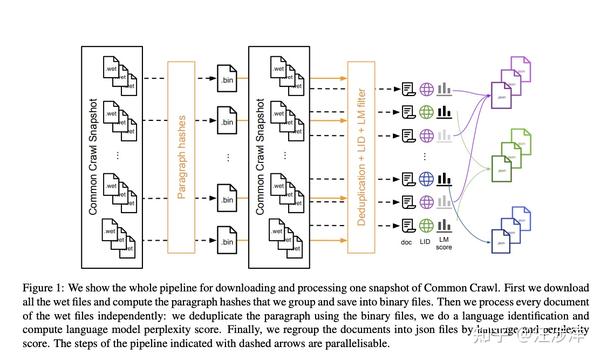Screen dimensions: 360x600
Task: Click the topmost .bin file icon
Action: pos(227,75)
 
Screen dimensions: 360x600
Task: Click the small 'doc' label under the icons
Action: pos(408,244)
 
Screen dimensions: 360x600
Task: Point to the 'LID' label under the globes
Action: pos(427,244)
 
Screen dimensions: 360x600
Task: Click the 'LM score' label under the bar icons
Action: pos(446,249)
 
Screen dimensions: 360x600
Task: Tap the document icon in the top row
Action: pos(408,89)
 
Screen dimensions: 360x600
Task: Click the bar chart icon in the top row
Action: pos(446,89)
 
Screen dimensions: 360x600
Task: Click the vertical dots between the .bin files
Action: pos(227,158)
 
